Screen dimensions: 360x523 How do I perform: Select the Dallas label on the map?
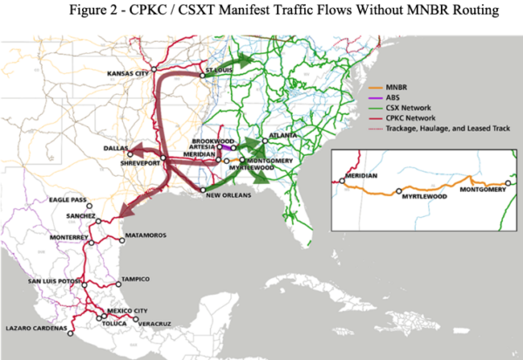[x=104, y=148]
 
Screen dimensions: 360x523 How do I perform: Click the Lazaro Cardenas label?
[x=36, y=328]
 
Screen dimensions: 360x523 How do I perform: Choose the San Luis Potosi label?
[x=55, y=281]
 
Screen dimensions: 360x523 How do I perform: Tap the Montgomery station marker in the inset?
[x=507, y=183]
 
